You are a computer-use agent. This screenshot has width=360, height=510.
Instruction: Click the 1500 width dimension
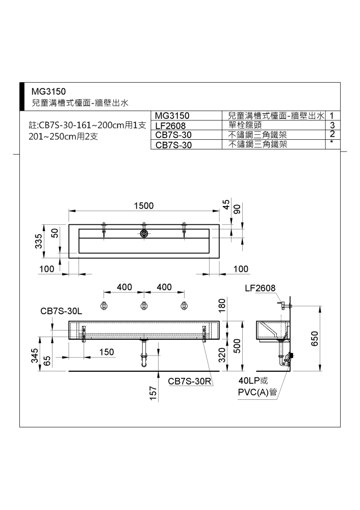(x=144, y=206)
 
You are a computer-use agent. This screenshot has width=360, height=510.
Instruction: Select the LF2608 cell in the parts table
(x=170, y=125)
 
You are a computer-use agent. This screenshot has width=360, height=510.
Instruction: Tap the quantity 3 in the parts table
(x=332, y=125)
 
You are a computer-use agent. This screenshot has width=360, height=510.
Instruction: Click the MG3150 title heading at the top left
(x=48, y=91)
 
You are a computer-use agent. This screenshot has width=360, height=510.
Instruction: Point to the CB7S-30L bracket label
(x=61, y=311)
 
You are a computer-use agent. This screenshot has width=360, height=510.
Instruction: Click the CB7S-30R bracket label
(x=190, y=381)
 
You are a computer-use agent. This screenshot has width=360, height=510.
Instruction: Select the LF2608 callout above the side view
(x=260, y=288)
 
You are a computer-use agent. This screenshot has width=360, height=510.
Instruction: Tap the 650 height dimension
(x=315, y=339)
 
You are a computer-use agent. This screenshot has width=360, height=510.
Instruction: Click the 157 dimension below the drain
(x=153, y=393)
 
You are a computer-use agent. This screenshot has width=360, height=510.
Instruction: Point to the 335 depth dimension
(x=39, y=241)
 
